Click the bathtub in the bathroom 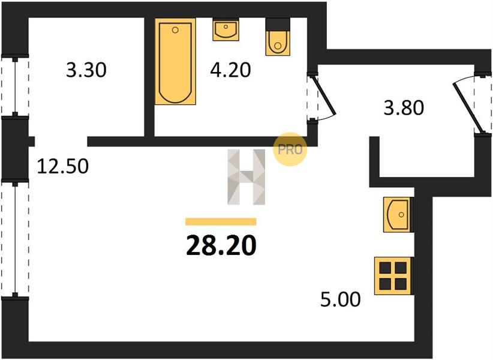[176, 61]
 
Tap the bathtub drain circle [176, 30]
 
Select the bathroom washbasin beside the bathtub [226, 29]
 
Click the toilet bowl [278, 43]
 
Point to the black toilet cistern [278, 24]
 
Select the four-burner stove [393, 276]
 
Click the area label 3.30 [86, 70]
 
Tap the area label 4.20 [230, 70]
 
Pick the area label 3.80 [404, 107]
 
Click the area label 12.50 [62, 166]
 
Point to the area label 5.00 [341, 299]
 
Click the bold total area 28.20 [221, 245]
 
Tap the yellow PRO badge [290, 149]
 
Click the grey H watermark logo [246, 177]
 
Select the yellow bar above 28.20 [221, 221]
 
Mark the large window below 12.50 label [15, 239]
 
